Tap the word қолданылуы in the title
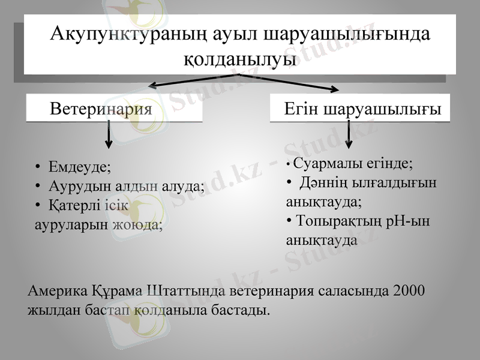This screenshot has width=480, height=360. pos(239,59)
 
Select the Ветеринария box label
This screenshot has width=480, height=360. pos(100,109)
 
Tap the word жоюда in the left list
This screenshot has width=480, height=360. pos(142,224)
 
